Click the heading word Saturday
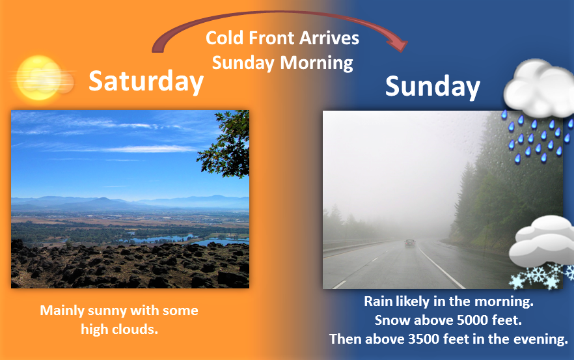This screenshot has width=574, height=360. point(146,81)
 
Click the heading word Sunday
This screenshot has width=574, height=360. point(432,86)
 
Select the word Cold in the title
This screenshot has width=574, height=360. point(225,38)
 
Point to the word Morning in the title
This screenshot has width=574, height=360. point(316,63)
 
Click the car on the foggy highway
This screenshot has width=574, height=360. point(410,243)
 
